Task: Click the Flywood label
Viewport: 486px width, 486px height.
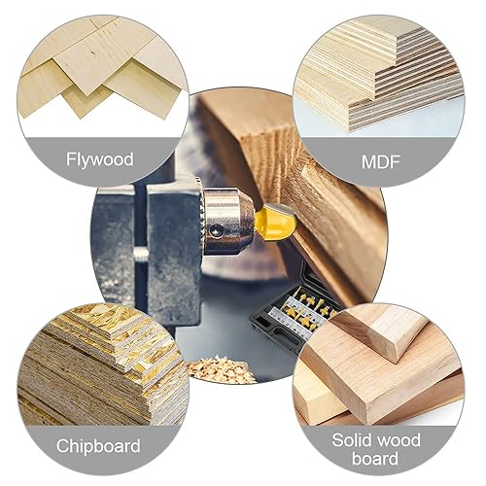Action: coord(100,159)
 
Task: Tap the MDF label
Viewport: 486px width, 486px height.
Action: coord(380,162)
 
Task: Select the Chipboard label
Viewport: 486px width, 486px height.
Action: coord(98,446)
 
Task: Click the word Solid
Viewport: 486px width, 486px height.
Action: coord(352,440)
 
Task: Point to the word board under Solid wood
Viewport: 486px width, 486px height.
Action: coord(375,459)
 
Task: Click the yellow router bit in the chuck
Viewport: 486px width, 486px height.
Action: coord(276,223)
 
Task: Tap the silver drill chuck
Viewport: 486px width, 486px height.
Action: coord(226,221)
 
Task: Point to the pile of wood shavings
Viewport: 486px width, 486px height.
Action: coord(220,369)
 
